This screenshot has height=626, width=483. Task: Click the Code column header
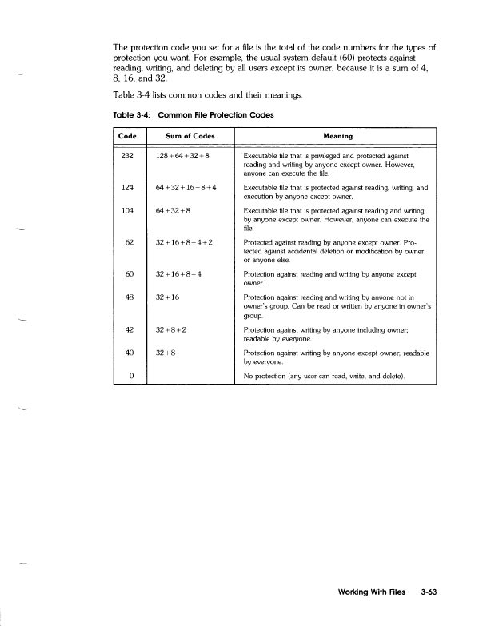(x=127, y=136)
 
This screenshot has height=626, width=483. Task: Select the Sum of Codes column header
(x=185, y=136)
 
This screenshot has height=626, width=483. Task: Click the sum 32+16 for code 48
(x=167, y=298)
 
